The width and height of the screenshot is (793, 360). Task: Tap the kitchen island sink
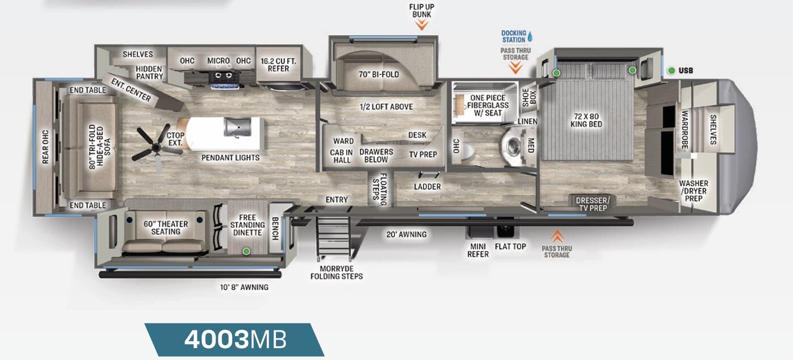click(233, 127)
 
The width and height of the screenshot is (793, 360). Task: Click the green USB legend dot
click(672, 70)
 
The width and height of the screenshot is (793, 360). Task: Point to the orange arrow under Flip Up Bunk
click(421, 25)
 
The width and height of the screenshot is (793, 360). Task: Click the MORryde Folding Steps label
click(336, 272)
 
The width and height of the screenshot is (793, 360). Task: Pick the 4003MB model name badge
click(234, 340)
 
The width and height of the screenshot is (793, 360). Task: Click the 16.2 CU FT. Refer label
click(275, 65)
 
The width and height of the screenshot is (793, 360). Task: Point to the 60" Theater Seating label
click(166, 228)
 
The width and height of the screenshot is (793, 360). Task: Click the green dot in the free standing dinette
click(246, 250)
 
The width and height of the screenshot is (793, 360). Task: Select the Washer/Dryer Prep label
click(693, 191)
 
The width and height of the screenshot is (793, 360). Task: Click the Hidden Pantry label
click(149, 73)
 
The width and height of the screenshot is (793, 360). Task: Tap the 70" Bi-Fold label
click(379, 74)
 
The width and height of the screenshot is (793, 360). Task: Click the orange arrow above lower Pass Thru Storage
click(557, 235)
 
